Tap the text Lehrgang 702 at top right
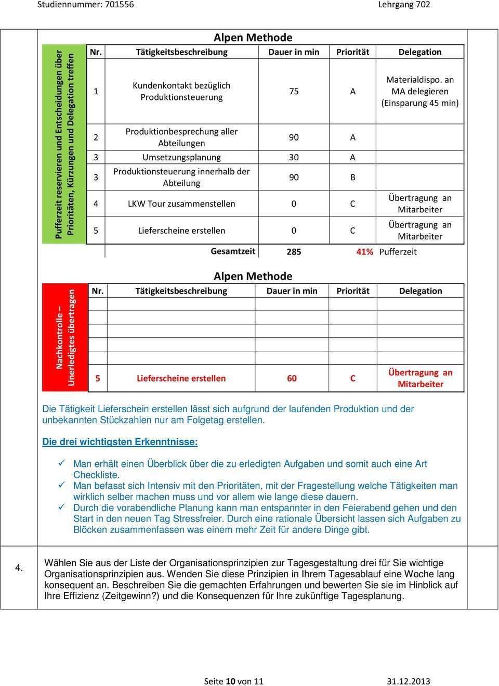pos(404,5)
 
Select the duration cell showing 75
pos(294,91)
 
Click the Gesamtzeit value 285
pos(294,252)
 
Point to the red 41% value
pos(364,252)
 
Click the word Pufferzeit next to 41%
pos(398,252)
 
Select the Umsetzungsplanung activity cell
pos(181,157)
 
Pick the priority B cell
pos(353,177)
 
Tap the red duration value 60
pos(292,378)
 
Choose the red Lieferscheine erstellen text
pos(181,378)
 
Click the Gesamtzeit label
pos(233,251)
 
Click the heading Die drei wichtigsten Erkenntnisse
pos(120,442)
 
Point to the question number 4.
pos(19,568)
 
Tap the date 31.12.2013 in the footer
pos(409,681)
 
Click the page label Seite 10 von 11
pos(234,681)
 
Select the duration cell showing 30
pos(294,157)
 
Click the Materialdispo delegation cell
pos(420,91)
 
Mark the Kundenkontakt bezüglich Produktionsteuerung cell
pos(181,91)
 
